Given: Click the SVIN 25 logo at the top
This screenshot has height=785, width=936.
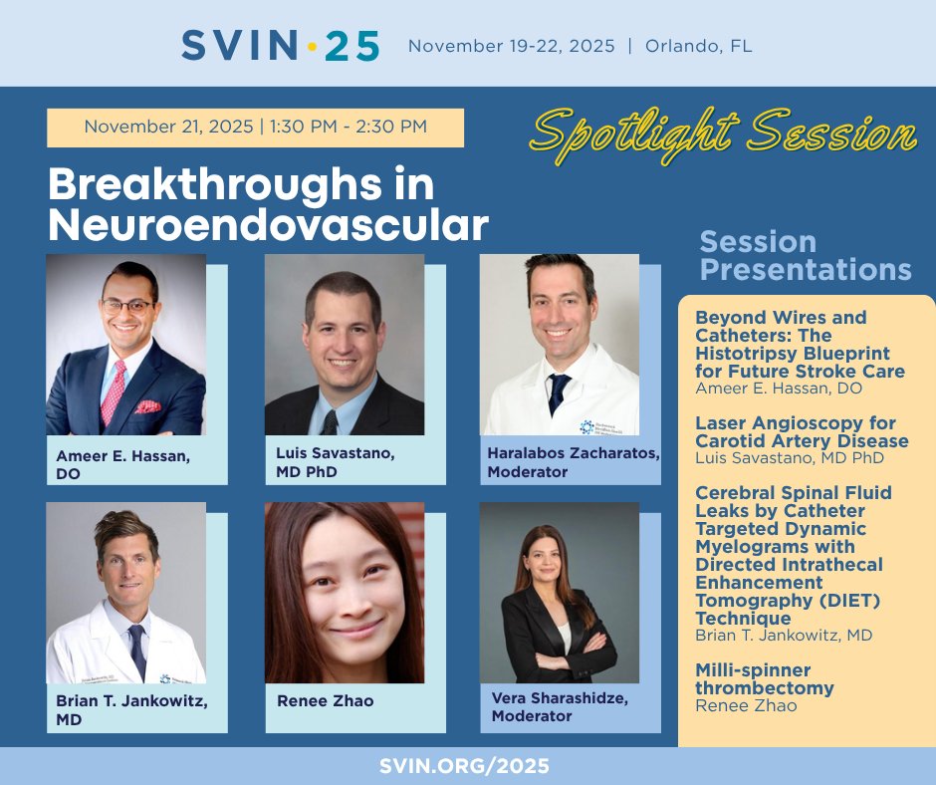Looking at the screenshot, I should coord(280,45).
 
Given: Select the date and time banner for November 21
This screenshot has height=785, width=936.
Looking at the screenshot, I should coord(255,128).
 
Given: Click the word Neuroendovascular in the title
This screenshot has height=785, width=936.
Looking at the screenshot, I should coord(268,225).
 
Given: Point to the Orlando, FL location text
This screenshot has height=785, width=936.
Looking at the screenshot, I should coord(698,46).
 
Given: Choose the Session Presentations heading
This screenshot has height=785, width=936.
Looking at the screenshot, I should coord(805,255).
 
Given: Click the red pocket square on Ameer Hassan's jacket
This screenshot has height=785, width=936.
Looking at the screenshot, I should coord(148,406).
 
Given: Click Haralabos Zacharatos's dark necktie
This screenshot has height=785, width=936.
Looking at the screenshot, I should coord(560,393).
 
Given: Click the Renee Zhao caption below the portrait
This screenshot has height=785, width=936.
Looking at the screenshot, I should coord(326,700).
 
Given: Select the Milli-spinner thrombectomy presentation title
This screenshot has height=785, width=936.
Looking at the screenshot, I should coord(765,678).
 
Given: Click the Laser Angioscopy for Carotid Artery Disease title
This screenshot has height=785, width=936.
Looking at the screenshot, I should coord(801,431).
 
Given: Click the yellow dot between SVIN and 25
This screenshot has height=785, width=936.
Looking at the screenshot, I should coord(312,46).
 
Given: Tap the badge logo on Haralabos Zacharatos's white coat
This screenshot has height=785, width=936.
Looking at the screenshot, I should coord(587,424).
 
